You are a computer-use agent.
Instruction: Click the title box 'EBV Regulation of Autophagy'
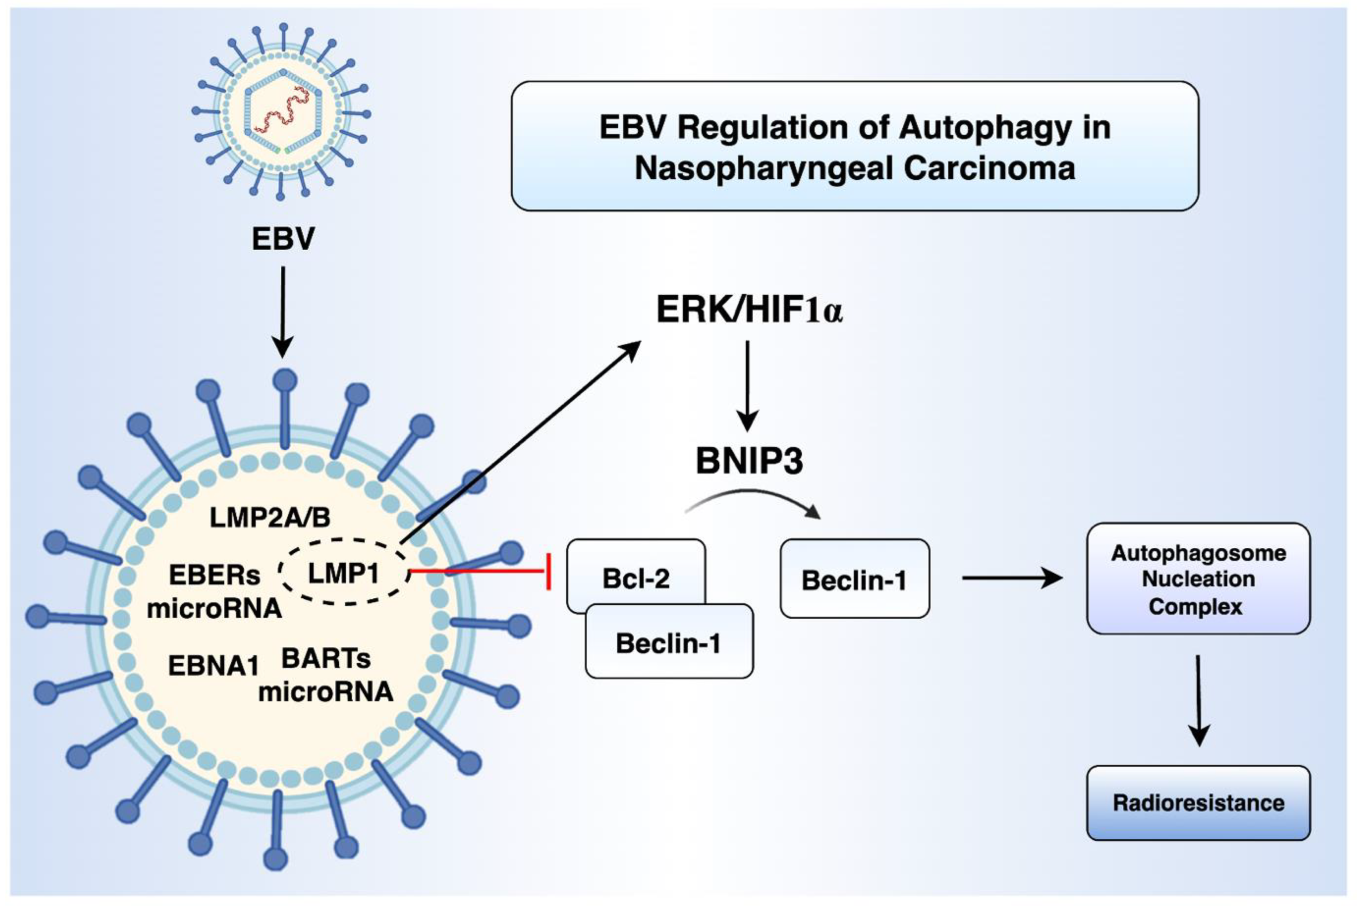click(854, 146)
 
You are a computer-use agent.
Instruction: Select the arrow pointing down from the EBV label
click(283, 312)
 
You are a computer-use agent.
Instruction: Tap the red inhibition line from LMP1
click(480, 571)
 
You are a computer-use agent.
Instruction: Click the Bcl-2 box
click(636, 578)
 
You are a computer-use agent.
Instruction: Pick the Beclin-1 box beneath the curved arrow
click(854, 579)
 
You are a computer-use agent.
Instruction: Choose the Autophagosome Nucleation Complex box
click(1197, 579)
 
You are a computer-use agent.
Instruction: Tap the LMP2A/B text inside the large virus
click(270, 518)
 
